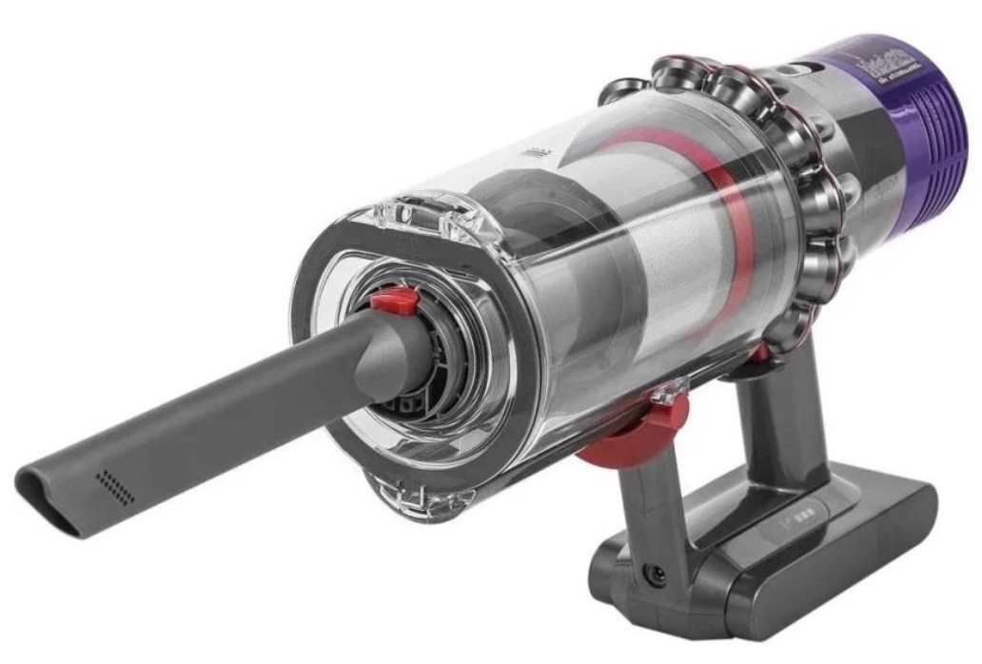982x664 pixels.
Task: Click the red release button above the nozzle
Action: pyautogui.click(x=394, y=303)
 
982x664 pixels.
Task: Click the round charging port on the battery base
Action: pyautogui.click(x=655, y=575)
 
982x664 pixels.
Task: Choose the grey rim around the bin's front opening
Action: pyautogui.click(x=314, y=285)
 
